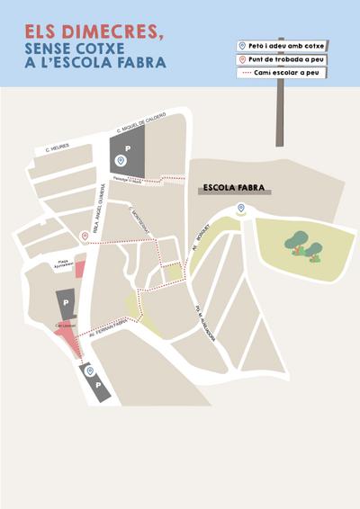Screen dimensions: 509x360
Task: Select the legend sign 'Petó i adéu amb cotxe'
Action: click(x=283, y=46)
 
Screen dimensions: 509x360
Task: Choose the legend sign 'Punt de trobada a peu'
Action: click(x=283, y=59)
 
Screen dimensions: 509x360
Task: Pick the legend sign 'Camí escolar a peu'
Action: click(x=283, y=73)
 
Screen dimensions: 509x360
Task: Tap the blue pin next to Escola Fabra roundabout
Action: click(x=239, y=209)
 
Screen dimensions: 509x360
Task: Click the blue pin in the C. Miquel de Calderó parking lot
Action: click(x=121, y=161)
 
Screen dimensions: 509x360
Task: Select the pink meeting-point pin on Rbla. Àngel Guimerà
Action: click(x=85, y=237)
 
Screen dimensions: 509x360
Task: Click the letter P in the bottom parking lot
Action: click(x=97, y=385)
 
